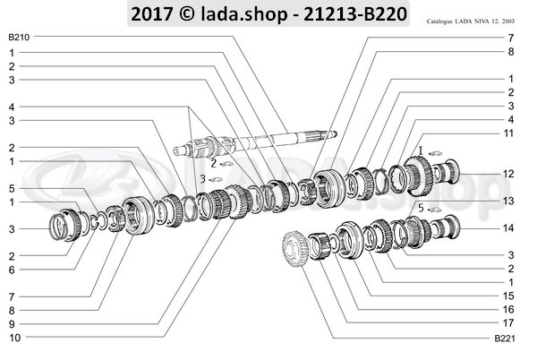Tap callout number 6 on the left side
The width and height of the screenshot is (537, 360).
click(11, 270)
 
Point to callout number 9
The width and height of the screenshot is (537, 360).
click(11, 322)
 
